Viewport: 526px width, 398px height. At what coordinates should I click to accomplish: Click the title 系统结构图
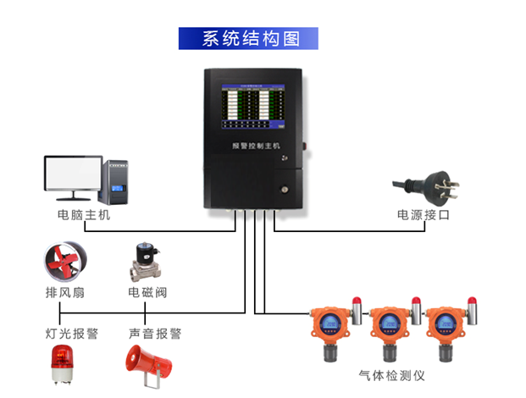(x=248, y=39)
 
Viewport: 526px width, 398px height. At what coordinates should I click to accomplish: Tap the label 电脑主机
(x=84, y=215)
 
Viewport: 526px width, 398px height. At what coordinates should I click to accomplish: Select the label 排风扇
(x=65, y=293)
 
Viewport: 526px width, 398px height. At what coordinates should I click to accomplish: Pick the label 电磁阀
(x=147, y=293)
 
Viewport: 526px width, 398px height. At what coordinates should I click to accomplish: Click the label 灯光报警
(x=72, y=334)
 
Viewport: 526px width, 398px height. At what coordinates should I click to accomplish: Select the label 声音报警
(x=155, y=334)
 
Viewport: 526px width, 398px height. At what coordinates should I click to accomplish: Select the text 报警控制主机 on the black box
(x=257, y=145)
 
